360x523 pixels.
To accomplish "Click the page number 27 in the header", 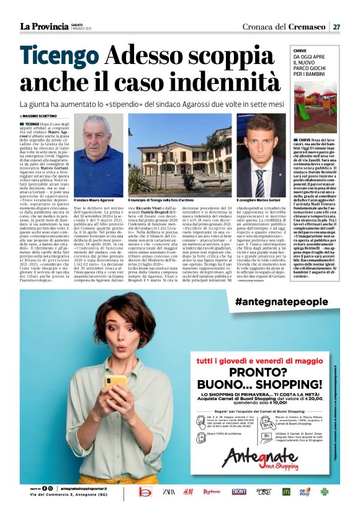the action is pyautogui.click(x=336, y=26).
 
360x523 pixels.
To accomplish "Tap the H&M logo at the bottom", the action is pyautogui.click(x=188, y=491).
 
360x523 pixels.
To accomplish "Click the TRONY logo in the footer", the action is pyautogui.click(x=238, y=491).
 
